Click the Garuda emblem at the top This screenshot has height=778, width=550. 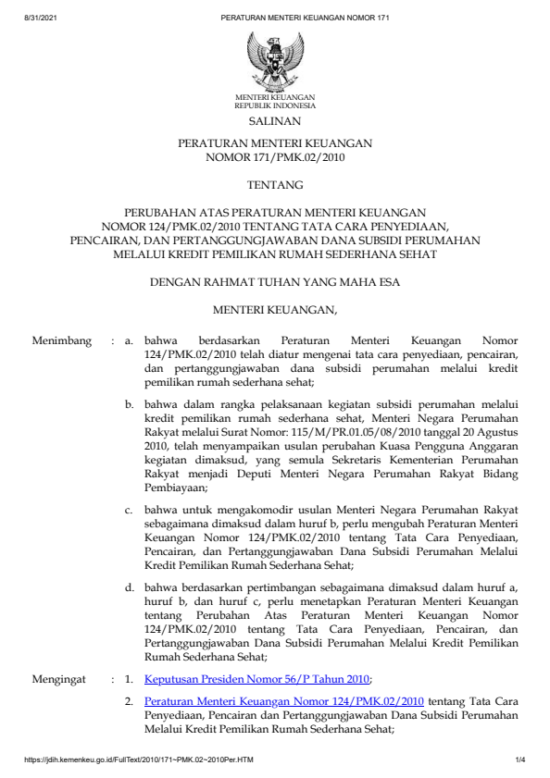click(x=275, y=60)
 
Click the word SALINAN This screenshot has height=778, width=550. click(x=275, y=121)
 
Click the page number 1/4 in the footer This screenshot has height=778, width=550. click(x=520, y=760)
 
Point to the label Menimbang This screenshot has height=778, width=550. click(x=62, y=341)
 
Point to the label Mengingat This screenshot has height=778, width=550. click(x=60, y=678)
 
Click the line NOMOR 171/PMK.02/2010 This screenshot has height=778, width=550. click(x=275, y=158)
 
